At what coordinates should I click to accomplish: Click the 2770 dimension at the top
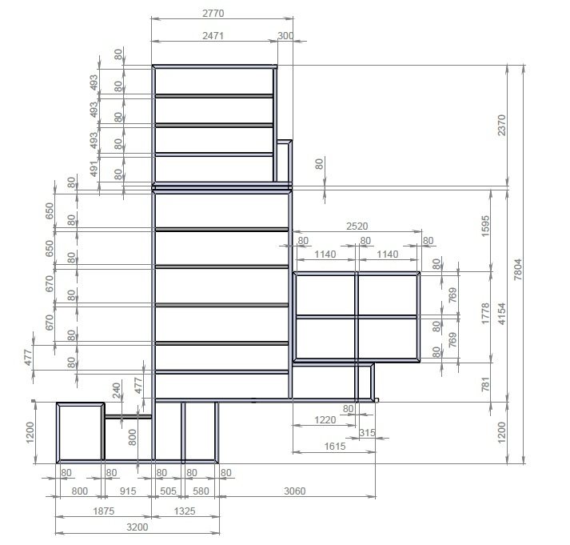click(213, 14)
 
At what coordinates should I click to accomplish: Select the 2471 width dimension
click(213, 36)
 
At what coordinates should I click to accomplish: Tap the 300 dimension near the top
click(285, 36)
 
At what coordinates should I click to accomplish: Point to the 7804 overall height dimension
click(518, 269)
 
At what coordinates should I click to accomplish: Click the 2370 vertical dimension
click(501, 125)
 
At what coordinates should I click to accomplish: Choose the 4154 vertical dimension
click(501, 314)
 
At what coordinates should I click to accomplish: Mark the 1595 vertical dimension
click(485, 226)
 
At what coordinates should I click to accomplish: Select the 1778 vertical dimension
click(485, 314)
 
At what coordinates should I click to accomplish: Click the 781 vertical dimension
click(485, 384)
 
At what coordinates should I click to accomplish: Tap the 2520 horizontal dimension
click(357, 226)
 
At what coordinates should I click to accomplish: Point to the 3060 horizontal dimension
click(294, 491)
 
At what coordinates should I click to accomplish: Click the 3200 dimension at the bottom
click(137, 527)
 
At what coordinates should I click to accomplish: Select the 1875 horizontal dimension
click(104, 511)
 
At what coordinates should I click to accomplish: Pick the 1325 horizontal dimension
click(185, 511)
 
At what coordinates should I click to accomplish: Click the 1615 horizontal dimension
click(335, 447)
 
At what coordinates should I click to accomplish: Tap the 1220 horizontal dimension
click(325, 420)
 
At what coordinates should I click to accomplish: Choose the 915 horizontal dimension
click(128, 491)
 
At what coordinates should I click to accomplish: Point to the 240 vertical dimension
click(117, 391)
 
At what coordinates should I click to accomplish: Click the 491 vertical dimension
click(94, 169)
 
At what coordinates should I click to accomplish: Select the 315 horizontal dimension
click(367, 433)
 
